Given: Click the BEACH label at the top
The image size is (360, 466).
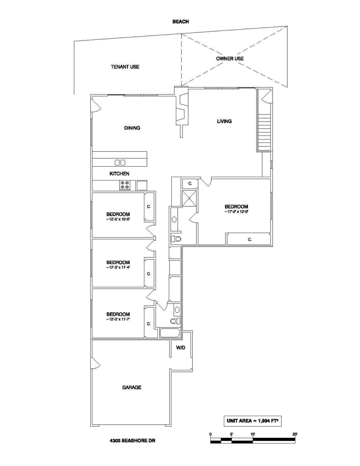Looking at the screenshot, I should click(180, 22).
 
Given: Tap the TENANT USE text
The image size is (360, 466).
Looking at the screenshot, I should click(125, 67).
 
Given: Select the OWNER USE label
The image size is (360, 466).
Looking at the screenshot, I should click(229, 59).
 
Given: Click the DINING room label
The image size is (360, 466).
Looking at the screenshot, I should click(132, 128).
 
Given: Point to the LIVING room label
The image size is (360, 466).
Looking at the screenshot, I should click(224, 121).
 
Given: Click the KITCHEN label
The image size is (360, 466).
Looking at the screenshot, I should click(119, 174).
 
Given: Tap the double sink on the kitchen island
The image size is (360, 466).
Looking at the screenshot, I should click(120, 162).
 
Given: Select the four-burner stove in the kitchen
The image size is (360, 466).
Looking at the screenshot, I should click(124, 185).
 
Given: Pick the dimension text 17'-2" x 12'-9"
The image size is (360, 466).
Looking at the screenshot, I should click(236, 212).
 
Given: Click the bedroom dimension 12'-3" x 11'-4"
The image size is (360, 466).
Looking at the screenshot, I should click(118, 268).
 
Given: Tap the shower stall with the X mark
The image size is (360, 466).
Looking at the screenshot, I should click(189, 198).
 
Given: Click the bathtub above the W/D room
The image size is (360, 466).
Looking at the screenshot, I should click(169, 333).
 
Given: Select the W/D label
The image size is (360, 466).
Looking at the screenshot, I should click(181, 348).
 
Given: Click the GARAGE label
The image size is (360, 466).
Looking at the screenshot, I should click(132, 387).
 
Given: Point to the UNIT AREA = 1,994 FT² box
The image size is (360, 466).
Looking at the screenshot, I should click(252, 421).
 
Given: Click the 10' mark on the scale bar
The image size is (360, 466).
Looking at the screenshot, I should click(253, 434).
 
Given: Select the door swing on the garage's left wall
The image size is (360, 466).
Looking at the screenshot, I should click(95, 363).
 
